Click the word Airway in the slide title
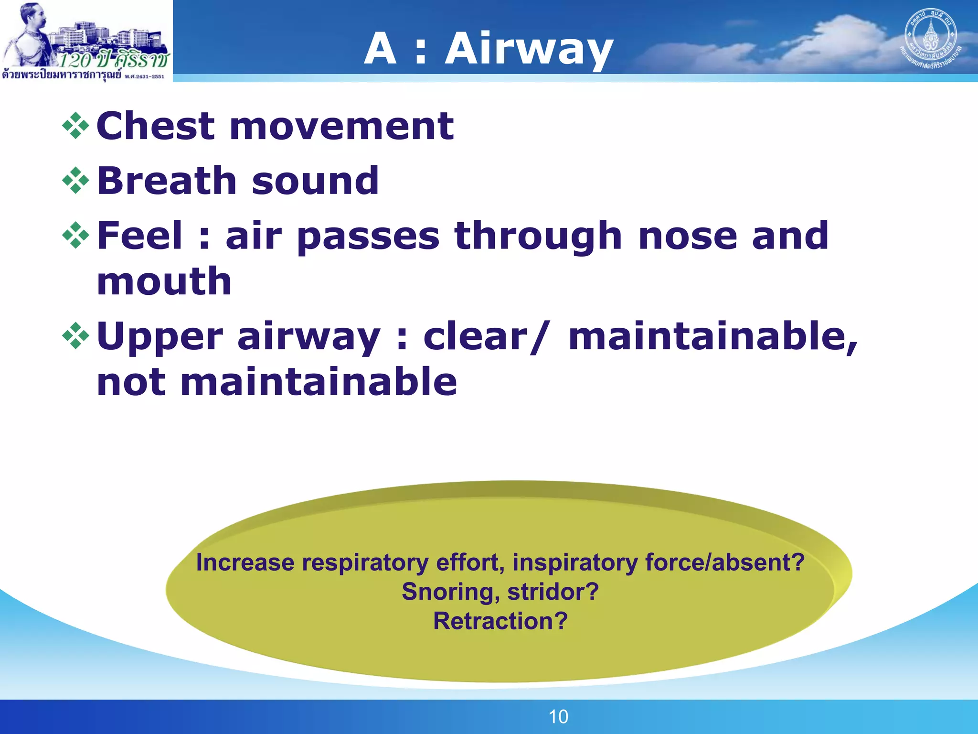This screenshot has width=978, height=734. [x=529, y=49]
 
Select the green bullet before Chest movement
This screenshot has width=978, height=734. [x=76, y=126]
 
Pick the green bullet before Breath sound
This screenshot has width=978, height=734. [x=76, y=181]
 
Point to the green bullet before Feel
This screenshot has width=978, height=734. [x=76, y=236]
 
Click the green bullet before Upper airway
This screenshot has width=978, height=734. [x=76, y=336]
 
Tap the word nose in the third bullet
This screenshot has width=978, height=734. [x=688, y=237]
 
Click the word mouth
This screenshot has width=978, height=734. [x=164, y=282]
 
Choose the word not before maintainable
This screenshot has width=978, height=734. [x=131, y=383]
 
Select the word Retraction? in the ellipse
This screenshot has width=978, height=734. [x=500, y=621]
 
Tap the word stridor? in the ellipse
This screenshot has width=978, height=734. [x=553, y=592]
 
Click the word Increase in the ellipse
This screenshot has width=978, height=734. [x=245, y=562]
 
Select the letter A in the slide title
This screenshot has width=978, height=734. [x=380, y=48]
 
